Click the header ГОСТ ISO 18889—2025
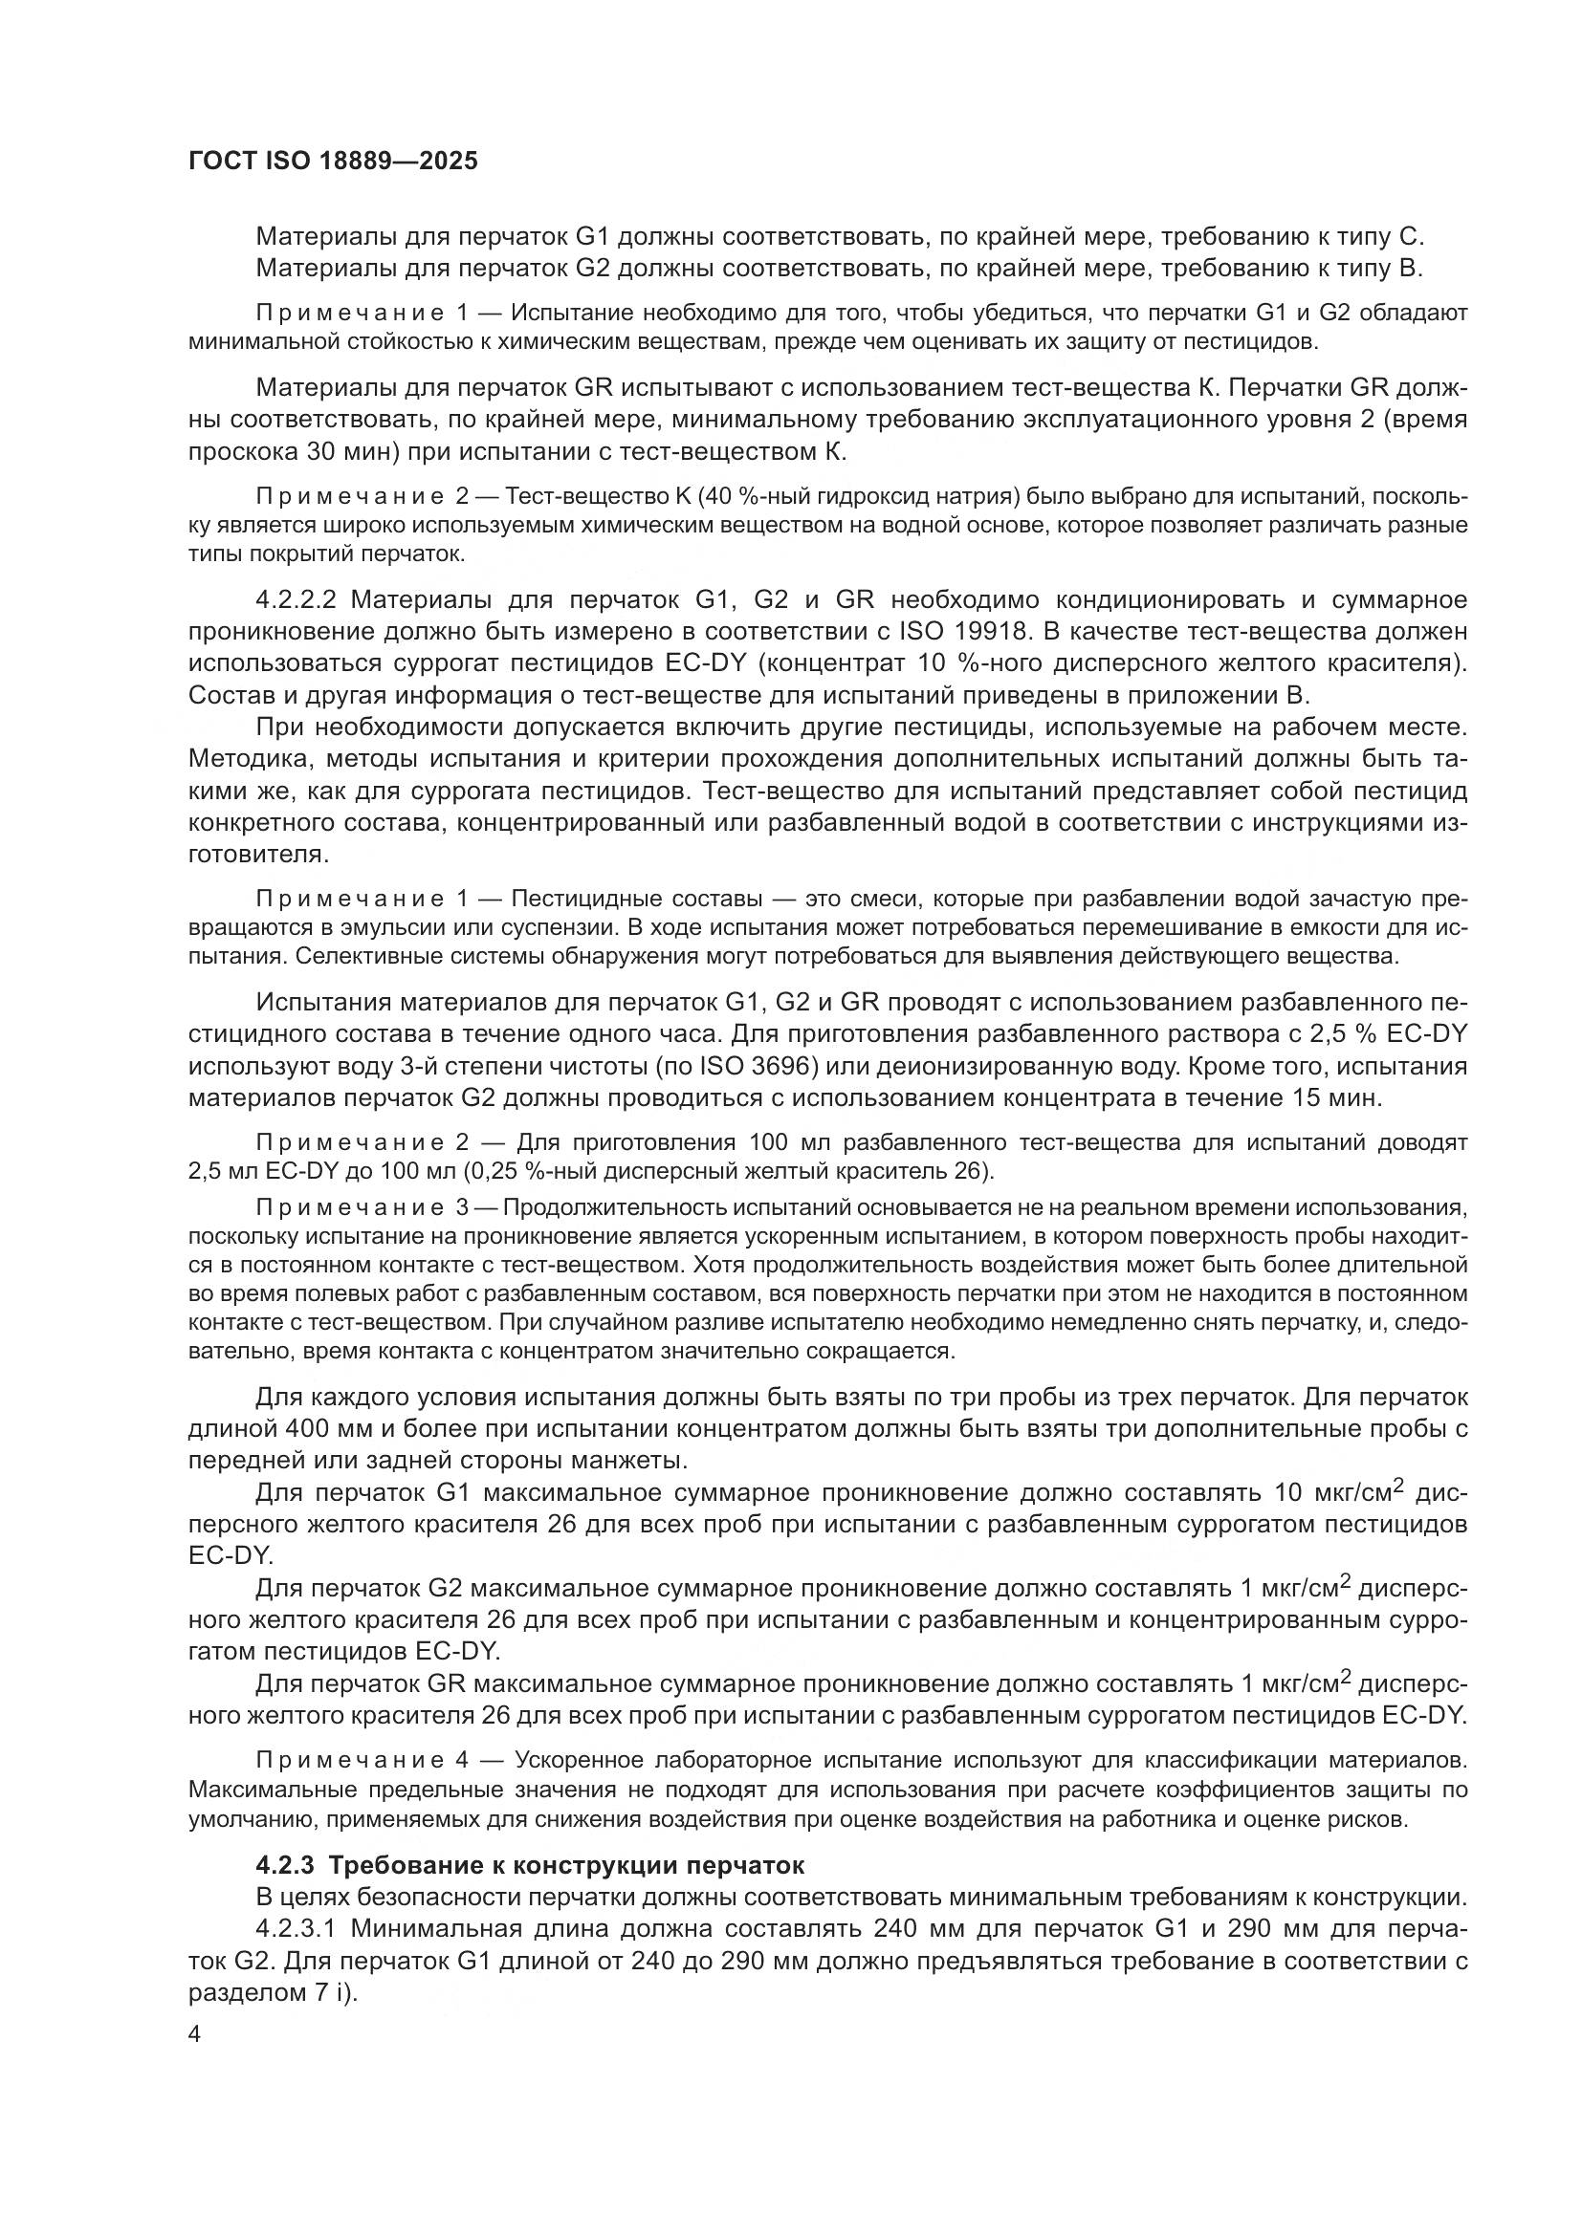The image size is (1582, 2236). point(332,162)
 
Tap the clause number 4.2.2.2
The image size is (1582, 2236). point(297,599)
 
